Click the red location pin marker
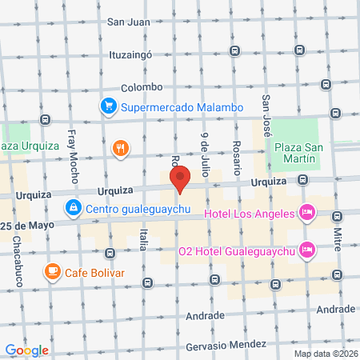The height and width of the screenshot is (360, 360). click(180, 180)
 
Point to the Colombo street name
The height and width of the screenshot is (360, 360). click(142, 87)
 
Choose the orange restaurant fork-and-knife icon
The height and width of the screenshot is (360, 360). click(121, 147)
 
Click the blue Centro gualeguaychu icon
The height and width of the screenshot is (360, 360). click(74, 209)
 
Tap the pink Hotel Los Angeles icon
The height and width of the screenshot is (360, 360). click(306, 213)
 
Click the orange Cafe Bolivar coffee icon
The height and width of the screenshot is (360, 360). click(53, 271)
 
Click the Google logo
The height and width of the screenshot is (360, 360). click(27, 350)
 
